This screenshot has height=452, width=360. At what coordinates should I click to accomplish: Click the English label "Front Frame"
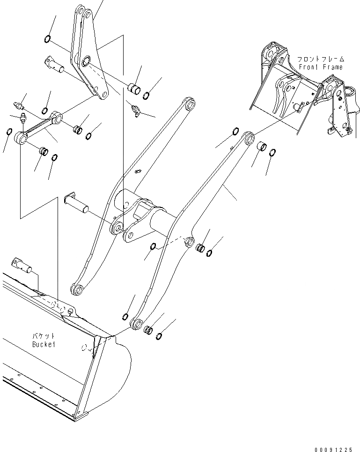point(321,67)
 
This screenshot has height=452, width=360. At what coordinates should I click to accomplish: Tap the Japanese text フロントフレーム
point(321,59)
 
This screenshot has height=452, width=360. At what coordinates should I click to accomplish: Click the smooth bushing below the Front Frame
point(261,146)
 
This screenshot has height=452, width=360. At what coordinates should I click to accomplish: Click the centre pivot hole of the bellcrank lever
point(87,61)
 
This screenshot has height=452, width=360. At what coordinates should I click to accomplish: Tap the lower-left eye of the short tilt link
point(20,137)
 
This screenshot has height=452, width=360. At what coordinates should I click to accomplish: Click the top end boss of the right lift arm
point(249,138)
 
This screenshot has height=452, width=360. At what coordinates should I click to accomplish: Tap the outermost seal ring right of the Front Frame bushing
point(273,154)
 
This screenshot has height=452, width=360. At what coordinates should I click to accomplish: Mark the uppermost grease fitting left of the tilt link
point(18,104)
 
